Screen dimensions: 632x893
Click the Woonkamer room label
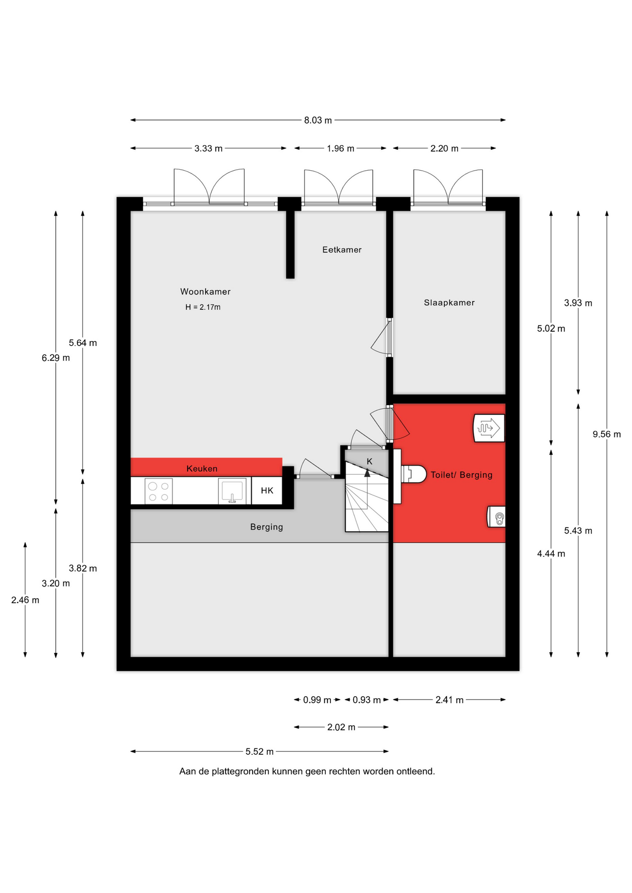click(205, 292)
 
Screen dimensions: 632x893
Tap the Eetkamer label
click(342, 250)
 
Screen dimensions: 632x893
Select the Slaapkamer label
click(449, 303)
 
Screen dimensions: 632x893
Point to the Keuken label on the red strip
click(202, 468)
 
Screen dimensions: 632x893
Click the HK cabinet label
click(267, 491)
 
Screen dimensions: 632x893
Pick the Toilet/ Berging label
click(461, 475)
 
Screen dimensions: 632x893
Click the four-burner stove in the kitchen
click(158, 492)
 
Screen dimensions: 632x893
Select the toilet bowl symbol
click(414, 474)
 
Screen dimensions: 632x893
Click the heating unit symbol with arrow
click(489, 428)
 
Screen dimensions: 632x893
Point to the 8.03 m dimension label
click(318, 120)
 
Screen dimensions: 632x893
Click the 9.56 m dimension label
click(606, 434)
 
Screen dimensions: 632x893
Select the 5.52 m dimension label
click(260, 752)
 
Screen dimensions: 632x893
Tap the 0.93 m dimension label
click(367, 700)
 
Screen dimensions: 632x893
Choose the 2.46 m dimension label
click(25, 600)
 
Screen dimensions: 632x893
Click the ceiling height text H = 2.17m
click(203, 307)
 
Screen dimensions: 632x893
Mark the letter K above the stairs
click(370, 461)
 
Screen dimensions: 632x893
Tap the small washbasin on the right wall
click(496, 517)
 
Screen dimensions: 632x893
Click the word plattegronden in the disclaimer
click(241, 772)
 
